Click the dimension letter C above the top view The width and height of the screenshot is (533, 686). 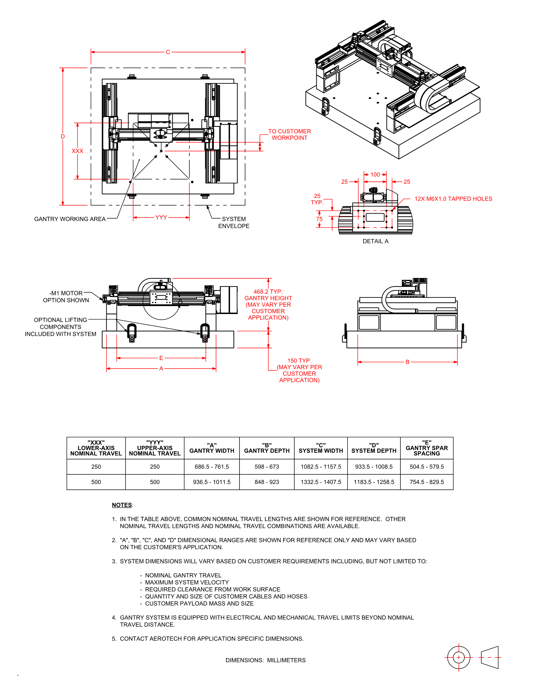(x=168, y=52)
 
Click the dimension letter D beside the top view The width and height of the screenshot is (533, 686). (x=63, y=136)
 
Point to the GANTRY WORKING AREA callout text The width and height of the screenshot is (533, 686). (x=70, y=219)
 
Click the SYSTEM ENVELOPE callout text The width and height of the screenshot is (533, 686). (x=234, y=222)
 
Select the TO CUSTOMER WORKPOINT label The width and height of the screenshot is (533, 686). (x=290, y=134)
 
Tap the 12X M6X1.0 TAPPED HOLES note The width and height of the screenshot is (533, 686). (x=453, y=199)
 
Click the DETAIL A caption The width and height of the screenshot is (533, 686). (x=376, y=241)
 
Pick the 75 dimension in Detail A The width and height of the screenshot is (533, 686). (x=319, y=219)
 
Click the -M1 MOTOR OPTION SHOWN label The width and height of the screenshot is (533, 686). (x=66, y=297)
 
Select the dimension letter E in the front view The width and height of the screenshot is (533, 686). (x=161, y=358)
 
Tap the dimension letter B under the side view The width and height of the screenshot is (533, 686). (x=408, y=362)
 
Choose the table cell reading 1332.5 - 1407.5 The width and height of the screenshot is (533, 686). (x=321, y=482)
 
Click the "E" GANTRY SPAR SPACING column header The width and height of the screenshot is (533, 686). (x=427, y=448)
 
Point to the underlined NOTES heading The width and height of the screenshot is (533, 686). (x=122, y=505)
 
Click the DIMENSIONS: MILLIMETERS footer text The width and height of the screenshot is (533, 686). (x=265, y=660)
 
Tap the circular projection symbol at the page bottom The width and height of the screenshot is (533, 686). (x=459, y=657)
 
